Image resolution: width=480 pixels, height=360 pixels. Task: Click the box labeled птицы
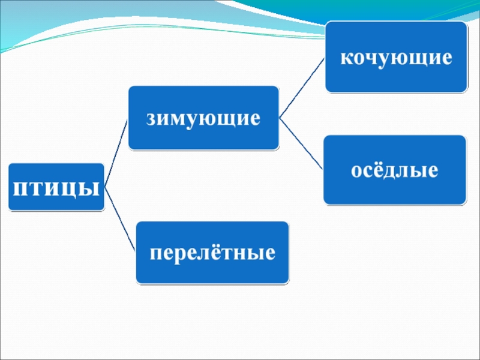pos(56,187)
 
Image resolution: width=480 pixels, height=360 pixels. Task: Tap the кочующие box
pos(396,57)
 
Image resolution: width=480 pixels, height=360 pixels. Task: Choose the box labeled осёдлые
pos(394,170)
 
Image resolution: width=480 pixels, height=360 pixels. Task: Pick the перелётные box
pos(212,252)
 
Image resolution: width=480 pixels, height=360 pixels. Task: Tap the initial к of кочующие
pos(346,58)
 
